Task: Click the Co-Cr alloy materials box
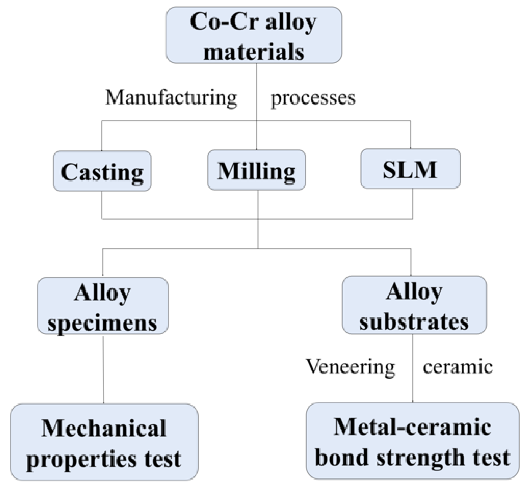(x=254, y=35)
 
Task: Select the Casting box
(x=102, y=171)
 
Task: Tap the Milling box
(x=256, y=170)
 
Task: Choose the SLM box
(x=410, y=169)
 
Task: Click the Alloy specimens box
(x=102, y=306)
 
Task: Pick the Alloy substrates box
(x=414, y=306)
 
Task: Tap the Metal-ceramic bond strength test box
(x=412, y=441)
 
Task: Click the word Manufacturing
(x=171, y=97)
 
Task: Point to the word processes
(x=313, y=98)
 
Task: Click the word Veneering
(x=351, y=367)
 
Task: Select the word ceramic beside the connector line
(x=458, y=367)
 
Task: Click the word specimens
(x=102, y=323)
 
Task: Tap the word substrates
(x=414, y=322)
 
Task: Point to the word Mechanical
(x=104, y=428)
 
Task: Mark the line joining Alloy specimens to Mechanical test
(x=104, y=369)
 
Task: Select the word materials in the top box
(x=254, y=51)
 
